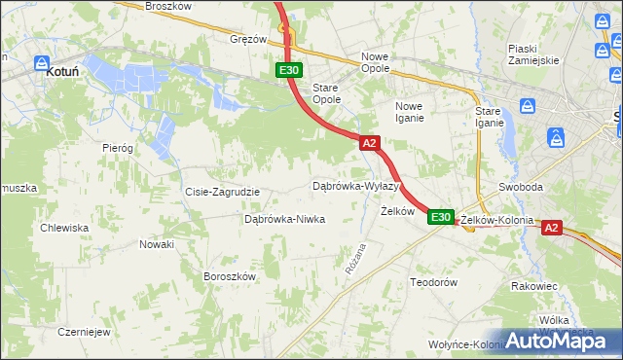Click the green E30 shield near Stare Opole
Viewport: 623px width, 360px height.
pyautogui.click(x=288, y=70)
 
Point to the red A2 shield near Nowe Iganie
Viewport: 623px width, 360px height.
pyautogui.click(x=369, y=143)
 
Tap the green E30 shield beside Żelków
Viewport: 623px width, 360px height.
pyautogui.click(x=441, y=217)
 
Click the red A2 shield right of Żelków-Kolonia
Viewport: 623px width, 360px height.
pyautogui.click(x=551, y=228)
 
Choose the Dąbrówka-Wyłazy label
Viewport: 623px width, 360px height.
pyautogui.click(x=355, y=185)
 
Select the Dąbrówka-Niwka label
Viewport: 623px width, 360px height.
pyautogui.click(x=284, y=219)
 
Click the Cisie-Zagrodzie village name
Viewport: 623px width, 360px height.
pyautogui.click(x=222, y=192)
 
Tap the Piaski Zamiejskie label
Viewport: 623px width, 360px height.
pyautogui.click(x=533, y=54)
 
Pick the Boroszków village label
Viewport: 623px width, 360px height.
pyautogui.click(x=229, y=276)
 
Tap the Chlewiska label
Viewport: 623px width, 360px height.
pyautogui.click(x=64, y=228)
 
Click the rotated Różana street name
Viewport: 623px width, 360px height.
pyautogui.click(x=354, y=258)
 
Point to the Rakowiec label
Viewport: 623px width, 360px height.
pyautogui.click(x=533, y=286)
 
